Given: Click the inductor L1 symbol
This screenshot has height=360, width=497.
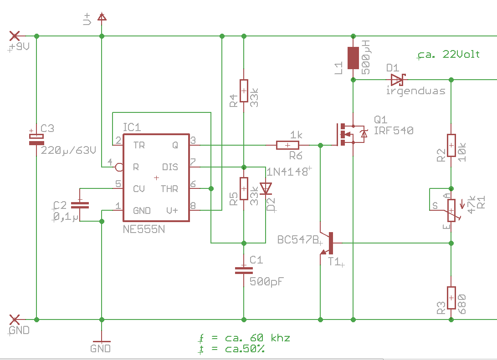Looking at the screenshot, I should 353,57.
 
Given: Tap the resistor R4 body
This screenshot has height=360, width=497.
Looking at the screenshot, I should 244,91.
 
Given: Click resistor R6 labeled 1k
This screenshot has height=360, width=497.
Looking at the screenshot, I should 287,145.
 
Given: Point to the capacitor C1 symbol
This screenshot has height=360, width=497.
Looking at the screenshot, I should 244,270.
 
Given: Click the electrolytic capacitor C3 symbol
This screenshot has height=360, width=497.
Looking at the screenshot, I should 36,139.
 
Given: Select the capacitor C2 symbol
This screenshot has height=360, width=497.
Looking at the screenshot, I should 80,204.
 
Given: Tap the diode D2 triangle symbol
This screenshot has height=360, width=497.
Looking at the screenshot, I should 266,188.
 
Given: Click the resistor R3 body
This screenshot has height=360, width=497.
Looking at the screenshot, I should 451,298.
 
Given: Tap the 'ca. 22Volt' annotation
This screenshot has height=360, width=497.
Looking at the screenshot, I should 449,55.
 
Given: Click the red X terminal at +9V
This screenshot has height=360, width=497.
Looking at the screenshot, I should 15,35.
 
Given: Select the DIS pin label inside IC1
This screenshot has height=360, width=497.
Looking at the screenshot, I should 170,167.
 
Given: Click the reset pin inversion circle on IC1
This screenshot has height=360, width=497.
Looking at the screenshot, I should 119,167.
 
